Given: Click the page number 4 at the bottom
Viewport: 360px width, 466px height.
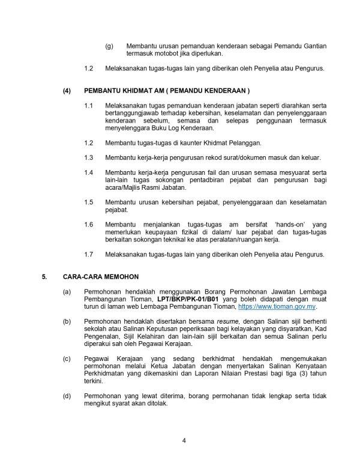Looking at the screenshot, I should [x=184, y=442].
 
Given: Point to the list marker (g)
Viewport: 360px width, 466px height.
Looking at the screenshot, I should [x=109, y=46].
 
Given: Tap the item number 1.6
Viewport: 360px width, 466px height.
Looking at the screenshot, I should [x=88, y=224].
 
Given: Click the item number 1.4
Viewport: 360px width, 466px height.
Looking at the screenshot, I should [x=88, y=172].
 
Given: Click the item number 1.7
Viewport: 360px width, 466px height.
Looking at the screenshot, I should [x=88, y=254].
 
